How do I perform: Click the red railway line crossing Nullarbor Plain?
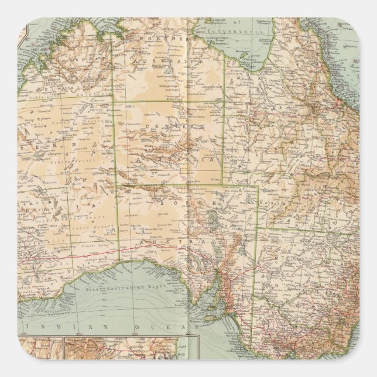tap(88, 240)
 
